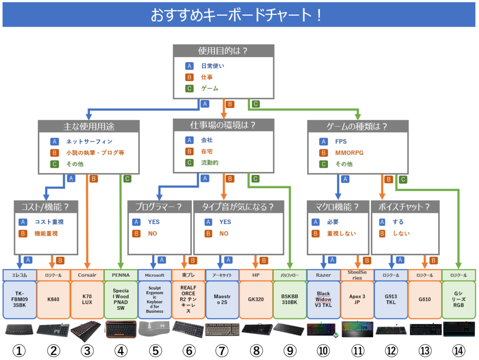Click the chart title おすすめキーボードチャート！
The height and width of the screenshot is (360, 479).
(236, 15)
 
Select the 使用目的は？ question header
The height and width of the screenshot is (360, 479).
(223, 51)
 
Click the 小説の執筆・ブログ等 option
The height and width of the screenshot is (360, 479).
(94, 152)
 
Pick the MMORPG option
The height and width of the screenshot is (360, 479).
(349, 152)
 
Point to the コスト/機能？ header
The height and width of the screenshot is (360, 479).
(45, 207)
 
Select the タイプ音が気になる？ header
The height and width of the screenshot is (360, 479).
(239, 207)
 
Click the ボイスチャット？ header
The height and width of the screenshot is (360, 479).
(405, 207)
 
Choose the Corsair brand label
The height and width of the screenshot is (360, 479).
(87, 275)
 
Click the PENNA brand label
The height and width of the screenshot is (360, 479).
(121, 275)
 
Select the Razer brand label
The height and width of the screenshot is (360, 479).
(323, 275)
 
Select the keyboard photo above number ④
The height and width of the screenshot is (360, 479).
(120, 329)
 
